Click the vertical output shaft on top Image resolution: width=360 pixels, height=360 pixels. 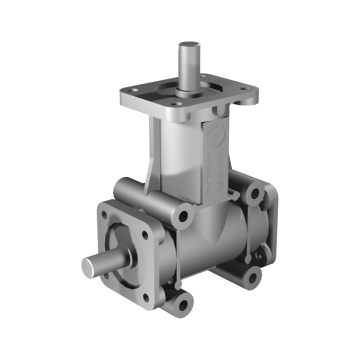[188, 64]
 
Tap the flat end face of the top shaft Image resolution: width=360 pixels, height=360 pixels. [188, 45]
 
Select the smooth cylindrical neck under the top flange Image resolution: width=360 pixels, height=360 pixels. [180, 160]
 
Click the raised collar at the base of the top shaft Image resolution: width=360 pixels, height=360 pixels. [188, 89]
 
